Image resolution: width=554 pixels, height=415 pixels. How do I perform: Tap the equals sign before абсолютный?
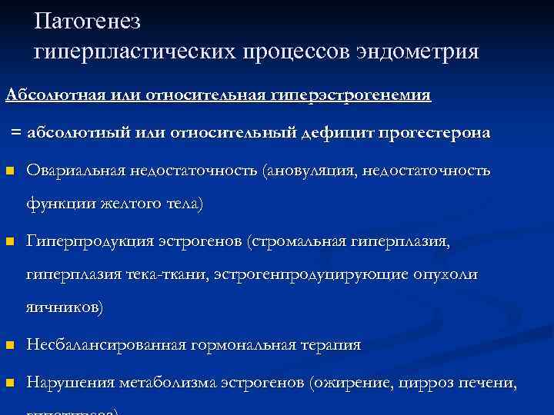point(16,133)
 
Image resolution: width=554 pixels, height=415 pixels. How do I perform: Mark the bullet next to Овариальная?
point(8,171)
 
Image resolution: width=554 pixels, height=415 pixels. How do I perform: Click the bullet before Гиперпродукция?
point(8,242)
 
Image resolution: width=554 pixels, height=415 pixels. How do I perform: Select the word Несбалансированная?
point(105,345)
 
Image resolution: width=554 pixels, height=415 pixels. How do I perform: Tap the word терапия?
point(329,345)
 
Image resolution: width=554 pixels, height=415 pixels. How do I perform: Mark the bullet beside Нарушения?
point(8,383)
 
